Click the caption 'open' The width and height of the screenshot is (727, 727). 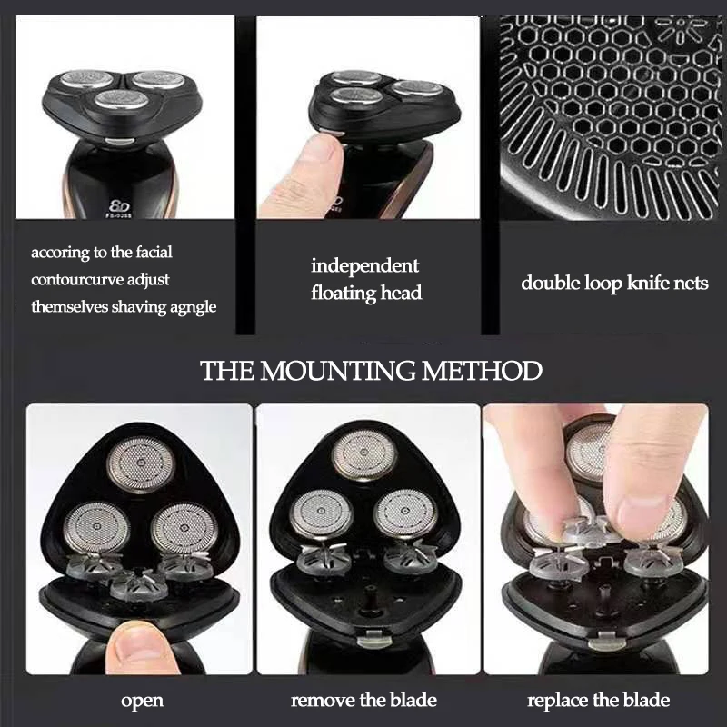click(142, 700)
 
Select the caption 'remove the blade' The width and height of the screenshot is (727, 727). click(363, 700)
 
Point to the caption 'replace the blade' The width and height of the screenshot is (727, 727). click(599, 700)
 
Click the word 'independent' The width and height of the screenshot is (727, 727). click(365, 266)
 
